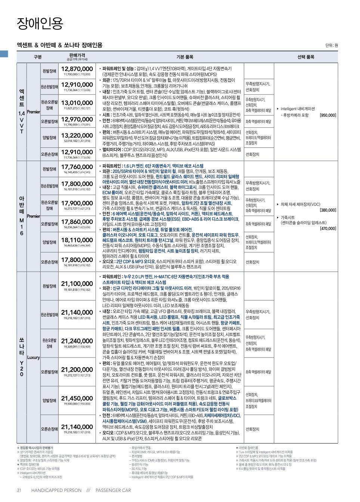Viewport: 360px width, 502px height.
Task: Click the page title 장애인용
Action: (x=40, y=24)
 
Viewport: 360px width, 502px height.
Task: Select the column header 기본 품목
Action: (x=184, y=57)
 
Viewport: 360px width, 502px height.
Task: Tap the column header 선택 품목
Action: (x=305, y=57)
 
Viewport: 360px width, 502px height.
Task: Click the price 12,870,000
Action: (x=77, y=69)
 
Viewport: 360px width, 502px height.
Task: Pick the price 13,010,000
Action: (x=77, y=103)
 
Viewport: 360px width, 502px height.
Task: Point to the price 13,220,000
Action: (x=77, y=135)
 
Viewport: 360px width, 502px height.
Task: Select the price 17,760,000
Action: (x=77, y=167)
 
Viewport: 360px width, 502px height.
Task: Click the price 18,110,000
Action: (x=77, y=240)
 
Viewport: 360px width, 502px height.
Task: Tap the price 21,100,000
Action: (x=77, y=284)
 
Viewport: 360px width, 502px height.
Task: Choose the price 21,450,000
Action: (x=77, y=398)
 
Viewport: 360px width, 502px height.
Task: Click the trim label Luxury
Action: (x=33, y=357)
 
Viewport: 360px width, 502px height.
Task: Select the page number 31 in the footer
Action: (x=19, y=490)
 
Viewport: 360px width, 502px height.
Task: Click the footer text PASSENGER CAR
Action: (x=113, y=490)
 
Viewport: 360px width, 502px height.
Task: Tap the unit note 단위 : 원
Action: (x=331, y=46)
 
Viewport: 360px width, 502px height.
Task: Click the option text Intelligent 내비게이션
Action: (x=298, y=109)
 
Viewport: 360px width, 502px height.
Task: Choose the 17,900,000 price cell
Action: (x=77, y=203)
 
